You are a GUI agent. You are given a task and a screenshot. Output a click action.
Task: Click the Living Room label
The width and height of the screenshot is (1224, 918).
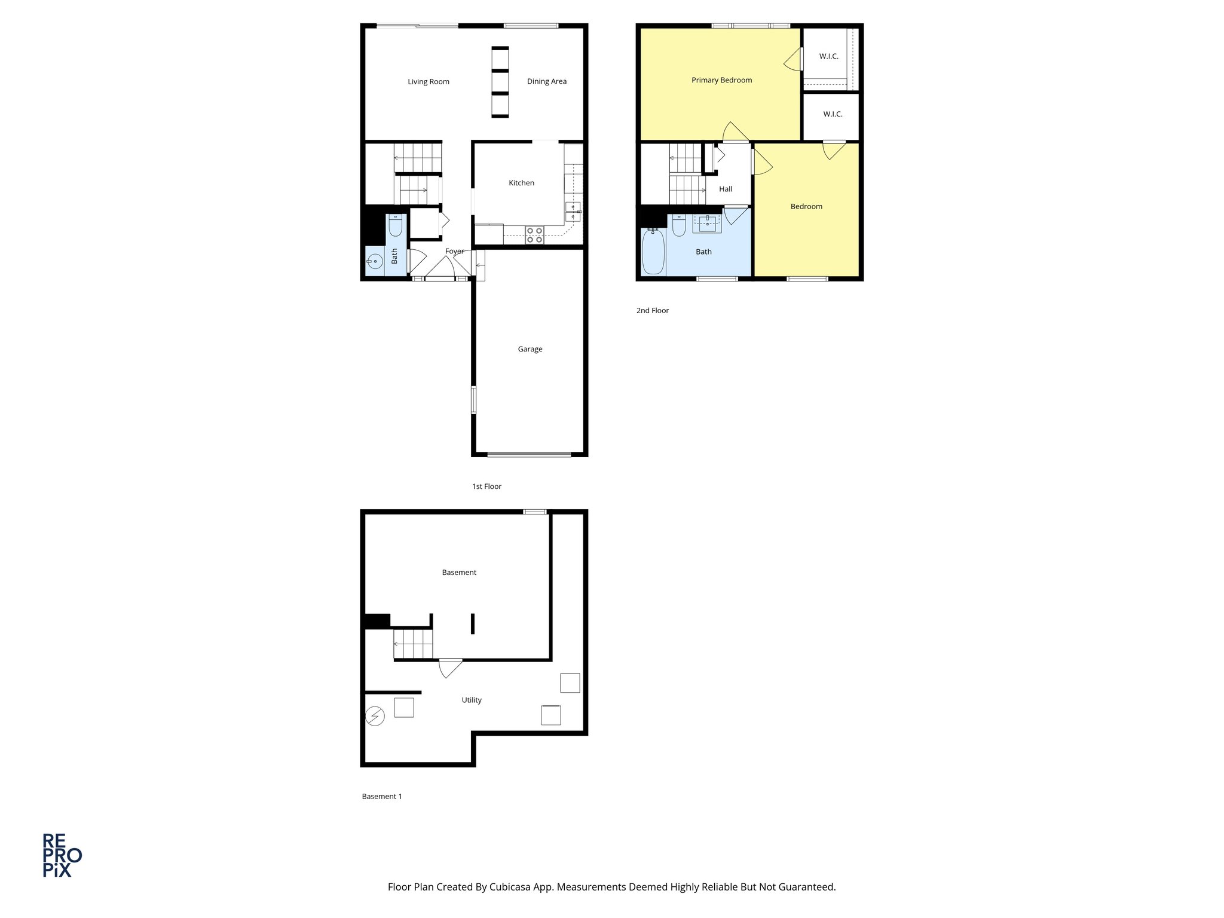pos(429,82)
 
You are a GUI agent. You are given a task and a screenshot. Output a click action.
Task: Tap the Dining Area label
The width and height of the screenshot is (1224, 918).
pos(546,81)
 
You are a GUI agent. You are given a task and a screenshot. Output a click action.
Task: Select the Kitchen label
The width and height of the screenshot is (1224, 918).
pos(521,183)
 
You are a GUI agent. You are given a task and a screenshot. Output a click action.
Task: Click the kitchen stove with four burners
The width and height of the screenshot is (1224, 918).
pos(534,235)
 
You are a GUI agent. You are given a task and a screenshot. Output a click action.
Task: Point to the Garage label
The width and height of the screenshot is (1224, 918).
pos(530,349)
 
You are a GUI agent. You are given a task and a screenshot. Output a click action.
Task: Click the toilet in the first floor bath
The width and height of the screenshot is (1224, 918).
pos(395,225)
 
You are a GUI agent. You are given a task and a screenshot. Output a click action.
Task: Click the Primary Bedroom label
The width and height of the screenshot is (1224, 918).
pos(721,80)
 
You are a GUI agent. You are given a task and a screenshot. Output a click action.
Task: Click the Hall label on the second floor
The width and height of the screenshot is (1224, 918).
pos(726,189)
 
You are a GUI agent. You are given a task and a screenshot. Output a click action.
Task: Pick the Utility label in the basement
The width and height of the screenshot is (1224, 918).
pos(472,700)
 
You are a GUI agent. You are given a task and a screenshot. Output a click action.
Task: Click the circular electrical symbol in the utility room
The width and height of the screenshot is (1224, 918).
pos(375,715)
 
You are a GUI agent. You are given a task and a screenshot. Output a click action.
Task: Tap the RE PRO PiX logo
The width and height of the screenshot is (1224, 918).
pos(62,855)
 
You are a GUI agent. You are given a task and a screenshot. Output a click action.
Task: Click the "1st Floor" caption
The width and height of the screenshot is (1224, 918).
pos(486,486)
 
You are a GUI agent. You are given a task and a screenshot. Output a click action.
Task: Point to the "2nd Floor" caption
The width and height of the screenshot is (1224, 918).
pos(652,311)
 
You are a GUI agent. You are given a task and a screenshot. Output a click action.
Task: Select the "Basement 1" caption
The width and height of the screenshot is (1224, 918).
pos(382,796)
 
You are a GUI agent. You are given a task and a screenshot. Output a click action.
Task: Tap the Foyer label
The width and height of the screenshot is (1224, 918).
pos(454,252)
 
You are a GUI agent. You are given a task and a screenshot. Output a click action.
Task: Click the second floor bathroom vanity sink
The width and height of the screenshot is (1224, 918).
pos(707,224)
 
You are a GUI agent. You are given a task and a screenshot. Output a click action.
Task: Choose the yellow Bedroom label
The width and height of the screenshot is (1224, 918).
pos(806,207)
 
